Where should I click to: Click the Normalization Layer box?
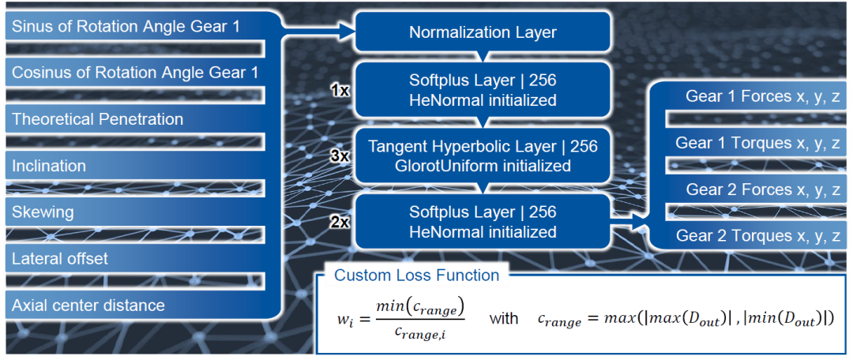tap(483, 32)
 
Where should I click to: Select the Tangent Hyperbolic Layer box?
tap(483, 156)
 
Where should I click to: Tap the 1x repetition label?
tap(340, 90)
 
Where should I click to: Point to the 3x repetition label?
tap(340, 156)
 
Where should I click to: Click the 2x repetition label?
tap(340, 223)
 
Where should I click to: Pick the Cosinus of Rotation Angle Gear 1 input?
tap(135, 72)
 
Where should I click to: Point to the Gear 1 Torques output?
tap(757, 143)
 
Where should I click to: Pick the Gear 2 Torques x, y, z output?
tap(757, 236)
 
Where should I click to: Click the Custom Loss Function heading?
tap(416, 276)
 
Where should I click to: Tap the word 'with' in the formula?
tap(504, 319)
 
